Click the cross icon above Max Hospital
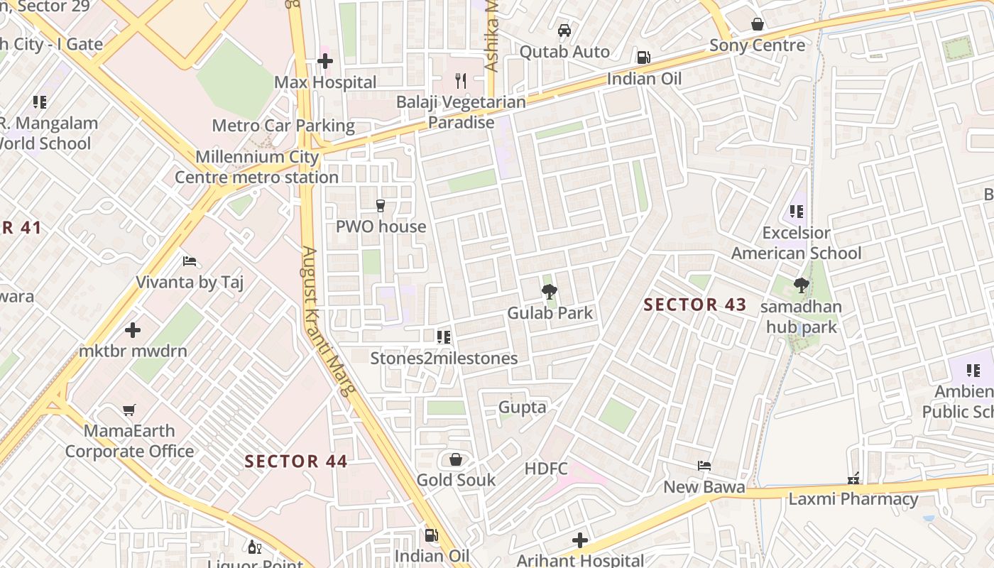click(325, 61)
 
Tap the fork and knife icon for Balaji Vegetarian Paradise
click(461, 80)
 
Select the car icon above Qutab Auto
click(564, 31)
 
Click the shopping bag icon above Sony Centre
click(758, 24)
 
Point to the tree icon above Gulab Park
click(549, 290)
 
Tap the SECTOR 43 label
click(694, 305)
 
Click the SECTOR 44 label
click(296, 461)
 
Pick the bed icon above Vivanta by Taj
click(190, 261)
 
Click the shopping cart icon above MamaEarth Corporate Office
click(129, 410)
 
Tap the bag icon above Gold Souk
click(456, 459)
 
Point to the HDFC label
click(546, 469)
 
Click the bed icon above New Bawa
click(704, 466)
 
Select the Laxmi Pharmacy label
click(853, 499)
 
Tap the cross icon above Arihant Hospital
click(580, 540)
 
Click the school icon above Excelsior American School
click(796, 212)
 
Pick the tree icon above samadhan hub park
click(802, 285)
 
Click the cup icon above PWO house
click(381, 206)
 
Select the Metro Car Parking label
click(283, 126)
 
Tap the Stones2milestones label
click(444, 359)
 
